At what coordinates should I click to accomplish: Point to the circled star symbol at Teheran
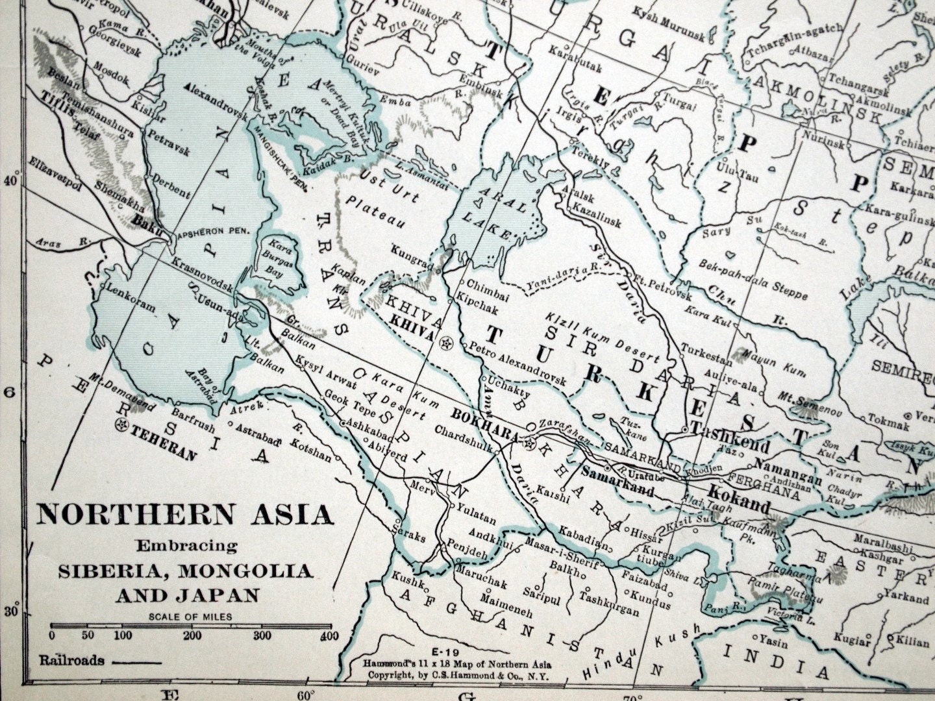pos(119,426)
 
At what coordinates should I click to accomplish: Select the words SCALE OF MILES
pos(189,617)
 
